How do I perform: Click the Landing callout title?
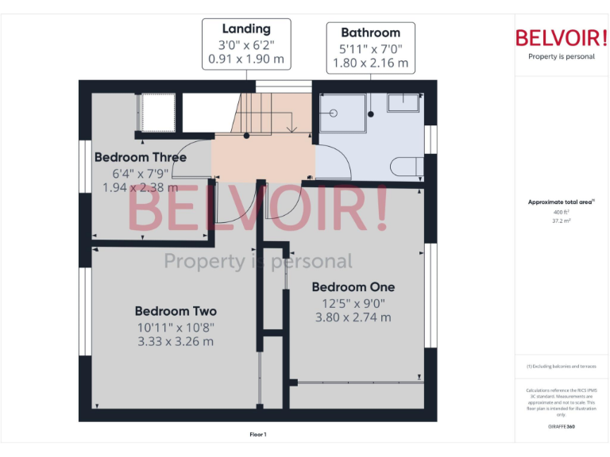(246, 29)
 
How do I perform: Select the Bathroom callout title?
(370, 33)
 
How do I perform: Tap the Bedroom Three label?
(141, 157)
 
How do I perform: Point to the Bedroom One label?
(353, 286)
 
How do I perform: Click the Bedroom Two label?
(176, 311)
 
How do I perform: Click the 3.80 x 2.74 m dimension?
(353, 317)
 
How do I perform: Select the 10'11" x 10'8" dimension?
(175, 327)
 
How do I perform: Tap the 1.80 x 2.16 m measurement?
(370, 63)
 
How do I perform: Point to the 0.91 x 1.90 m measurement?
(246, 59)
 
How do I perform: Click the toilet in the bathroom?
(406, 167)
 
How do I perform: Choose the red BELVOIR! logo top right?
(562, 37)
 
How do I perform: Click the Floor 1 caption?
(258, 434)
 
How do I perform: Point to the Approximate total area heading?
(561, 202)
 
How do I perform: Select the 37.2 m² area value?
(562, 221)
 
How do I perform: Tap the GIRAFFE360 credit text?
(561, 428)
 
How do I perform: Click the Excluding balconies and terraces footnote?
(561, 367)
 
